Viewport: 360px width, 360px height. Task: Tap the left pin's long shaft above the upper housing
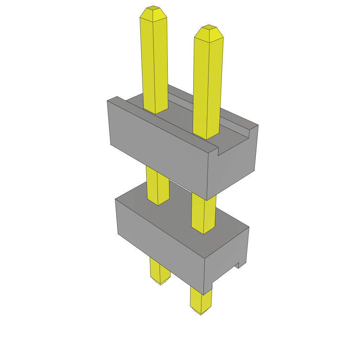pos(154,63)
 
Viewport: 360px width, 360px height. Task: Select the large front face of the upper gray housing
pos(158,148)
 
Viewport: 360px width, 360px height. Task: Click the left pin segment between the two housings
pos(157,186)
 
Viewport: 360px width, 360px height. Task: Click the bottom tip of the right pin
pos(201,312)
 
